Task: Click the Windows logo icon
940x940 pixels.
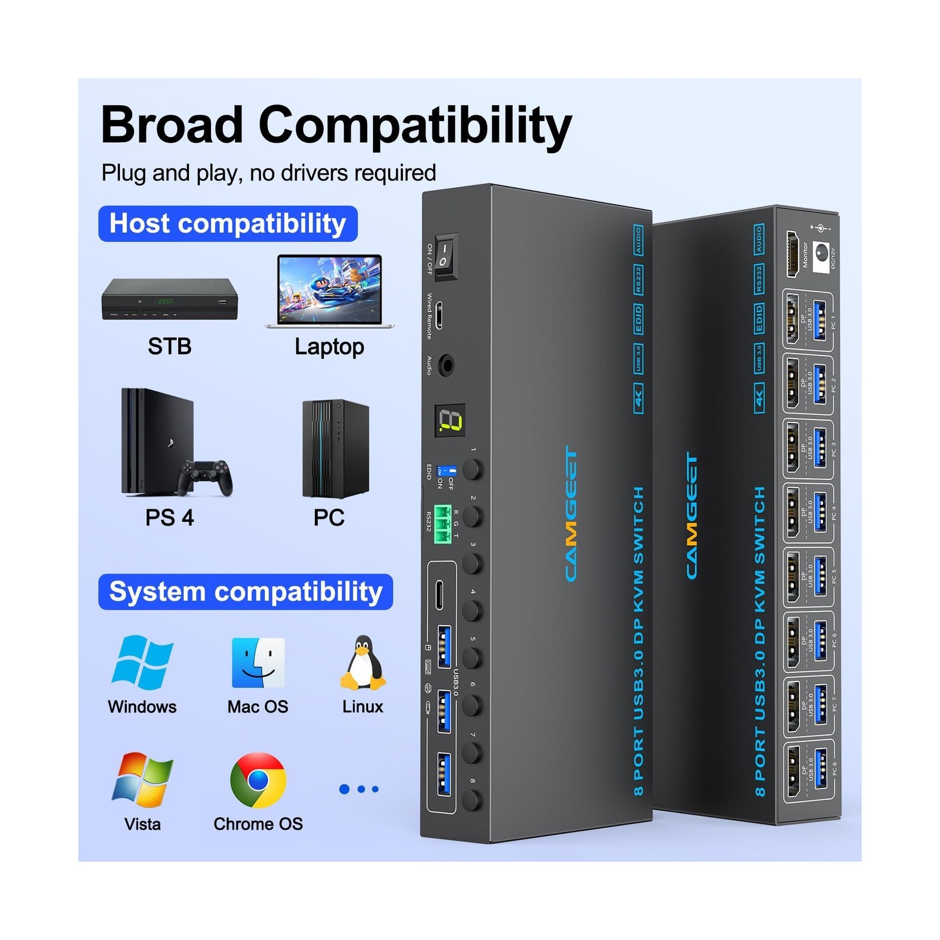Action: [x=142, y=662]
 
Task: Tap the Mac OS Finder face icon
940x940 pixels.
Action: [x=258, y=663]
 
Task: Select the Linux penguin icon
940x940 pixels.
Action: [x=362, y=662]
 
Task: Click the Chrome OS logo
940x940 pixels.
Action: [x=258, y=780]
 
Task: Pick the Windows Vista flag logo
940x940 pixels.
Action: [x=142, y=780]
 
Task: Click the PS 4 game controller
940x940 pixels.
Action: [x=205, y=476]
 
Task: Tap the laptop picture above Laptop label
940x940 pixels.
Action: [x=330, y=291]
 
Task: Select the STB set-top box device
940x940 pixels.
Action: [x=170, y=299]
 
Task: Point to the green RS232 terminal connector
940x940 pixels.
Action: [x=443, y=524]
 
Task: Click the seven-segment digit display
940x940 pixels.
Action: [x=450, y=420]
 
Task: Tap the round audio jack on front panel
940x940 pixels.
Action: [x=447, y=366]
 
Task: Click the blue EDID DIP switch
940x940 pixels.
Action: [x=447, y=471]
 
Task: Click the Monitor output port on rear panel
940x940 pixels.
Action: [x=793, y=254]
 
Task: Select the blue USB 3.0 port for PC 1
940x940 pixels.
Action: [x=821, y=321]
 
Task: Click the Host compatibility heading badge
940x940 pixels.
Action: [x=228, y=224]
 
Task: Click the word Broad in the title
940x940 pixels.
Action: [x=172, y=125]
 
